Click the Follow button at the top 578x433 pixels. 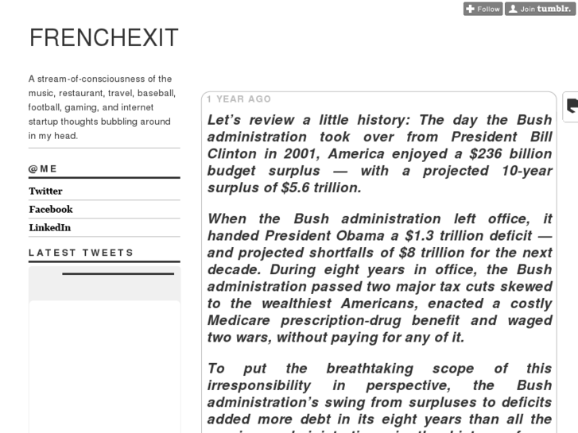pos(483,9)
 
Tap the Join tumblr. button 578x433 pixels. pos(541,9)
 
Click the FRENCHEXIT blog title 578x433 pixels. pos(104,37)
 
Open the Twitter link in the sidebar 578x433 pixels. pos(45,191)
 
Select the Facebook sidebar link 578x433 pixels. pos(50,209)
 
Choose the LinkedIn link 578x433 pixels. pos(49,227)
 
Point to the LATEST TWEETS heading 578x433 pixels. pos(81,253)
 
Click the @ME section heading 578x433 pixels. pos(43,168)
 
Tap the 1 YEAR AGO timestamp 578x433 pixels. pos(239,99)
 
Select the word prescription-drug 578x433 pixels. pos(345,320)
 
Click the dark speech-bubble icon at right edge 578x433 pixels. pos(572,106)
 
